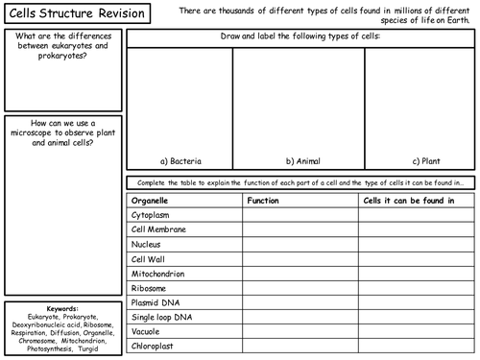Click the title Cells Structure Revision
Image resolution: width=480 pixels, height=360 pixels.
77,14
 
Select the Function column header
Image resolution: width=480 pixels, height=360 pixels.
264,201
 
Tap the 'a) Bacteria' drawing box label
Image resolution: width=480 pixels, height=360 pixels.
180,161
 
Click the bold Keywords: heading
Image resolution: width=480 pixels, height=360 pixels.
61,309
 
